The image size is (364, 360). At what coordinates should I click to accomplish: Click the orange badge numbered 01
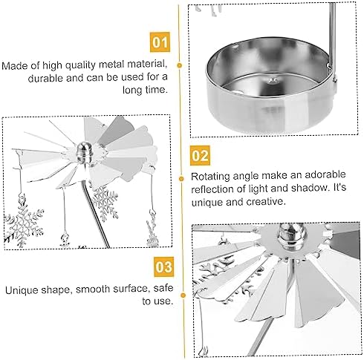[x=160, y=42]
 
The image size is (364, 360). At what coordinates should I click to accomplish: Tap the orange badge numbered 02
[x=200, y=155]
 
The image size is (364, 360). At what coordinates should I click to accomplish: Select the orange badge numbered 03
[x=163, y=266]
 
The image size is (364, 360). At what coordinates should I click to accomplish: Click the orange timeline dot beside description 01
[x=180, y=65]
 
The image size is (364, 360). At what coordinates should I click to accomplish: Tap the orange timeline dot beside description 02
[x=181, y=178]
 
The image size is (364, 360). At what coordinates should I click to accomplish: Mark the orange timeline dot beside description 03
[x=183, y=295]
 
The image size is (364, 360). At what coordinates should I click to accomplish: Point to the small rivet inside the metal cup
[x=273, y=80]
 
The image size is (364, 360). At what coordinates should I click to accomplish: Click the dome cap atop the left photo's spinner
[x=85, y=151]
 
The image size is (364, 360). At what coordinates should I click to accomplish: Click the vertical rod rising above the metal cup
[x=332, y=34]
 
